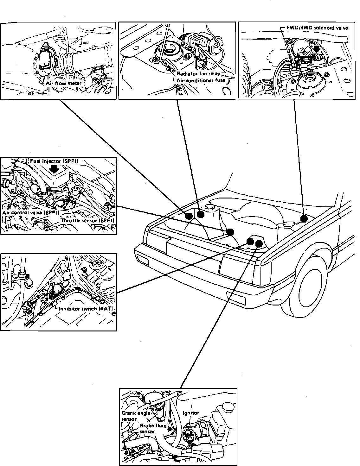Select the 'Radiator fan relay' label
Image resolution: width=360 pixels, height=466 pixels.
[x=198, y=73]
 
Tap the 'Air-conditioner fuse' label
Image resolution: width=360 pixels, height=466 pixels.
[x=201, y=80]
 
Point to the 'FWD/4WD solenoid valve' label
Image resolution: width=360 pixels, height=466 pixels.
[x=317, y=28]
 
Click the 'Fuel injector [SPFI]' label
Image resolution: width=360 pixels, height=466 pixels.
[x=54, y=161]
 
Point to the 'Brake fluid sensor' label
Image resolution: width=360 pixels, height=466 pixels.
[x=153, y=428]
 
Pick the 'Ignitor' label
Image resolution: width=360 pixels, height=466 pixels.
[x=191, y=413]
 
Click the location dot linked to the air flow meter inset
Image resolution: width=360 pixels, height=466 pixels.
[x=188, y=216]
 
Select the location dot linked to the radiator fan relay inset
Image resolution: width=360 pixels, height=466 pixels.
[x=200, y=215]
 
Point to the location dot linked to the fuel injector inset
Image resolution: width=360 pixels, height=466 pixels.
[x=230, y=232]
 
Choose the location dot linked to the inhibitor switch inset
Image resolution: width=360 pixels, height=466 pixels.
[x=250, y=242]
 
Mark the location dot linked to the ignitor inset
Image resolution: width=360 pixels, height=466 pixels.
[x=259, y=243]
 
